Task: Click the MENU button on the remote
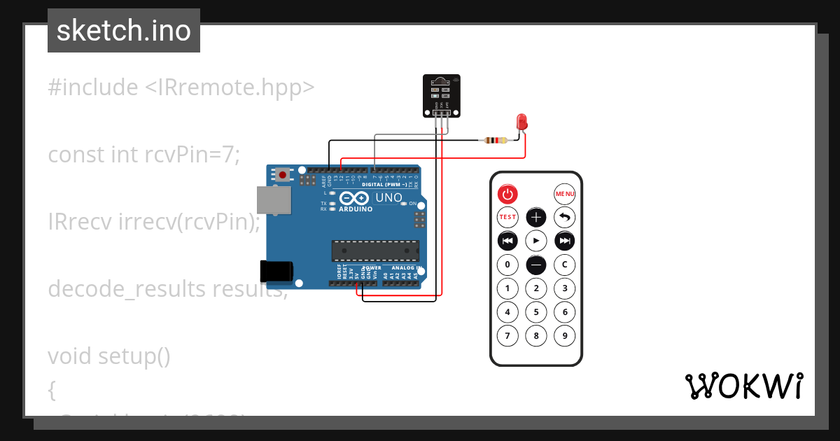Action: tap(565, 193)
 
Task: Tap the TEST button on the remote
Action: tap(507, 217)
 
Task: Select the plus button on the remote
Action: tap(536, 217)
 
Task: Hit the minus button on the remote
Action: tap(536, 265)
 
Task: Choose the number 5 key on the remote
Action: tap(536, 311)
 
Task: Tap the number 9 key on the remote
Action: tap(565, 335)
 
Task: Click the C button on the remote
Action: tap(565, 265)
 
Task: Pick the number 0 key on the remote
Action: tap(507, 265)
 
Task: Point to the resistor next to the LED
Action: tap(494, 140)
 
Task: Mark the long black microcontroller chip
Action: tap(375, 251)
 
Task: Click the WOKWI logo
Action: tap(743, 386)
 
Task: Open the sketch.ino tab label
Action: tap(124, 31)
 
